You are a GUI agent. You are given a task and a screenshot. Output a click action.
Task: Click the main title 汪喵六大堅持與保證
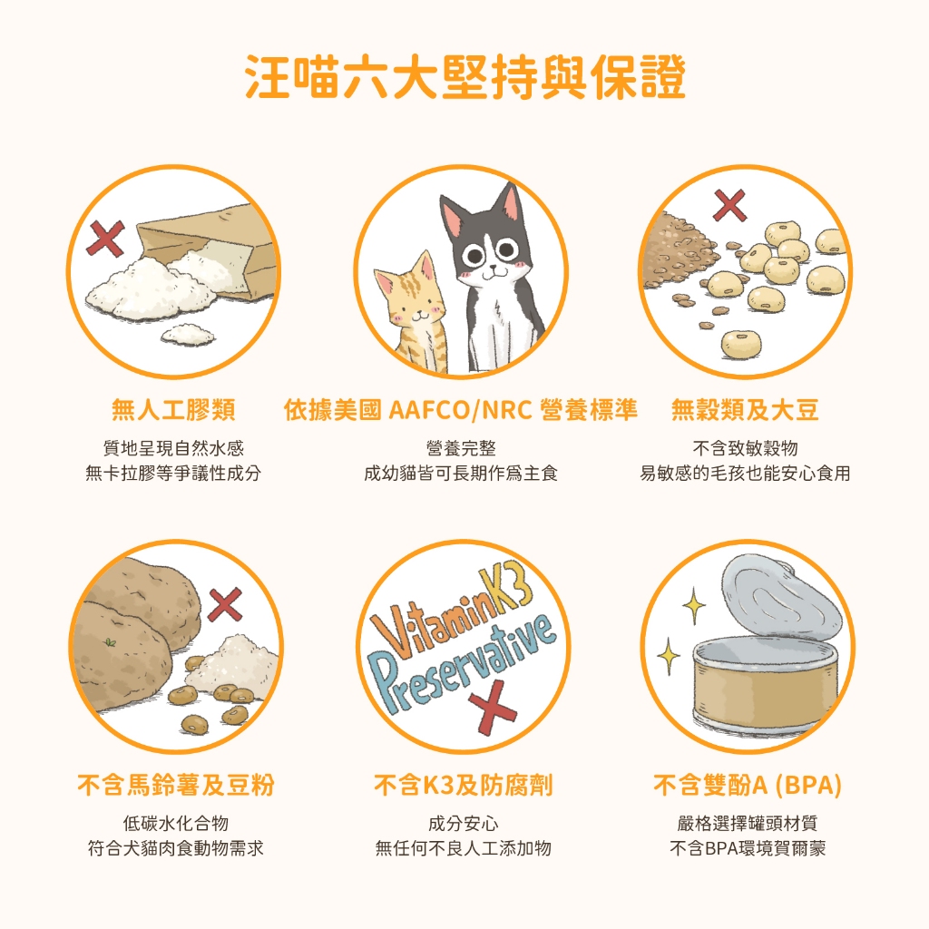click(x=465, y=77)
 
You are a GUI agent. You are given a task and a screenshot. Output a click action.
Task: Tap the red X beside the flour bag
click(x=105, y=239)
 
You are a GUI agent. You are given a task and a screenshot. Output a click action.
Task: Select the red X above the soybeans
click(x=729, y=206)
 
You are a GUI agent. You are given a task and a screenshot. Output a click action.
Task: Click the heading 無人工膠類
click(x=173, y=410)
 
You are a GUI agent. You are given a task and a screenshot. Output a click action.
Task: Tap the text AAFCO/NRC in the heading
click(x=460, y=410)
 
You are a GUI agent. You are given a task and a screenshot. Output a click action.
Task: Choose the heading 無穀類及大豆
click(x=745, y=410)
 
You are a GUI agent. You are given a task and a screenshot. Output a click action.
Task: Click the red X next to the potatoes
click(x=225, y=604)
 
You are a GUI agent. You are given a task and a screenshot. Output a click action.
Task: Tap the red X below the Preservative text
click(x=492, y=707)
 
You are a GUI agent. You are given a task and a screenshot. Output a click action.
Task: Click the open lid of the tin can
click(x=782, y=599)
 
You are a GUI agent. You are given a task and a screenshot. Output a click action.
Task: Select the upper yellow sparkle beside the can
click(x=694, y=605)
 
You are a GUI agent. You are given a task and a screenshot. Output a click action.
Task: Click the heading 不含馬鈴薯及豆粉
click(x=176, y=785)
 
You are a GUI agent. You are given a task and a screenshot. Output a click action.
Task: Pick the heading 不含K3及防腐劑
click(x=464, y=785)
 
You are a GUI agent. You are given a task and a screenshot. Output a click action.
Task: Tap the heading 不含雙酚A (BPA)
click(x=748, y=785)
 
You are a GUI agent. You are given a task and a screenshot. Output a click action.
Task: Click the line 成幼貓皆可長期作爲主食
click(x=461, y=474)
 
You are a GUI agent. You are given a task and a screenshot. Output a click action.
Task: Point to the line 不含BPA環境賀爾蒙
click(x=748, y=848)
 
